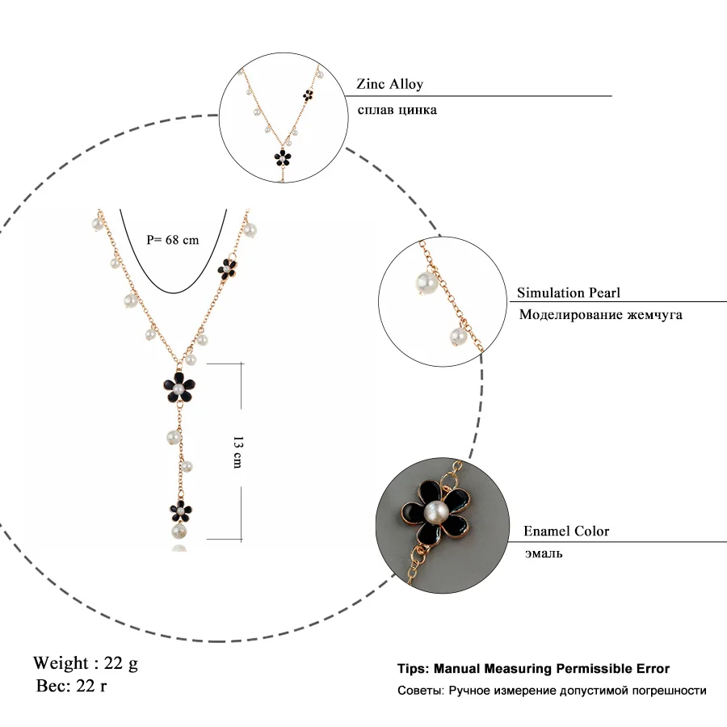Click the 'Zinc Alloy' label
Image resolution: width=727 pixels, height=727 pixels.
(x=389, y=84)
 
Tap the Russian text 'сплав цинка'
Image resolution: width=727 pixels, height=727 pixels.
(x=397, y=109)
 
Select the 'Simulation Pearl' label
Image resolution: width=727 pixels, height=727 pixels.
(x=569, y=293)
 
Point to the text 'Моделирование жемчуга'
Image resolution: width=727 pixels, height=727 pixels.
(x=600, y=314)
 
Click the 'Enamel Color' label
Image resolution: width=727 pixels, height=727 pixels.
(x=566, y=531)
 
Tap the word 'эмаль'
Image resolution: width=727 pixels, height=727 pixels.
(x=543, y=553)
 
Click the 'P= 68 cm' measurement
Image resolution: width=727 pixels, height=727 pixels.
(x=172, y=239)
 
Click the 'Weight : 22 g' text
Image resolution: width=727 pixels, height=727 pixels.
(x=86, y=663)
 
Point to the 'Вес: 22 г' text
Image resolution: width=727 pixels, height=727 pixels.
(x=72, y=687)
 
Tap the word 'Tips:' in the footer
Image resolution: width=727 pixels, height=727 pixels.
(x=414, y=669)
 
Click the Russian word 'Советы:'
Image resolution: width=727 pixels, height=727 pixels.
(x=420, y=691)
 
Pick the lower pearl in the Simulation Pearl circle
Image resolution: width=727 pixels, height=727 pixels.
(x=455, y=337)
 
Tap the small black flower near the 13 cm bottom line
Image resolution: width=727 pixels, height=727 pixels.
(x=179, y=509)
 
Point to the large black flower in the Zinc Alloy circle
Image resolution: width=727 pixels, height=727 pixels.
(x=283, y=155)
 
